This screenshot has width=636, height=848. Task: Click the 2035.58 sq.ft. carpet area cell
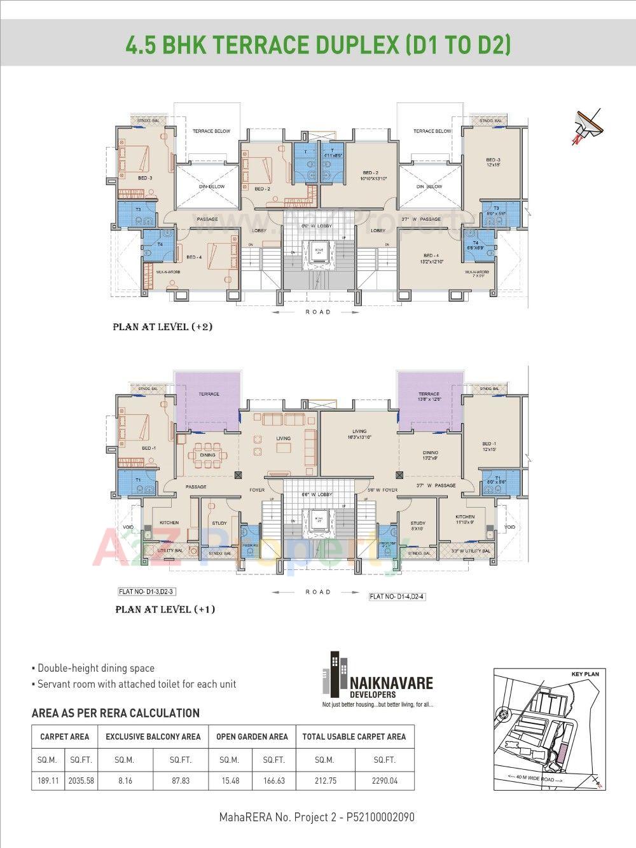point(81,780)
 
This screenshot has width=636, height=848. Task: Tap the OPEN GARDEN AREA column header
point(252,737)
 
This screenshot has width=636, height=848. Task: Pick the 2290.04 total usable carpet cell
point(385,780)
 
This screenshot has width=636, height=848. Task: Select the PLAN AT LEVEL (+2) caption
point(162,327)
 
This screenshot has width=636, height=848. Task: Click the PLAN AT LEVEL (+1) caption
point(165,609)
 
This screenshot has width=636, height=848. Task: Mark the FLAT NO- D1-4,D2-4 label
point(396,597)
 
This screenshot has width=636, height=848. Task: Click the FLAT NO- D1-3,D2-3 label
point(146,592)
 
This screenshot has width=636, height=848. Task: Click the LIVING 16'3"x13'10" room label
point(359,434)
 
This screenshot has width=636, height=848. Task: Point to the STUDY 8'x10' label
point(417,525)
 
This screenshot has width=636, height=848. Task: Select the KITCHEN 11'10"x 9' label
point(465,519)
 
